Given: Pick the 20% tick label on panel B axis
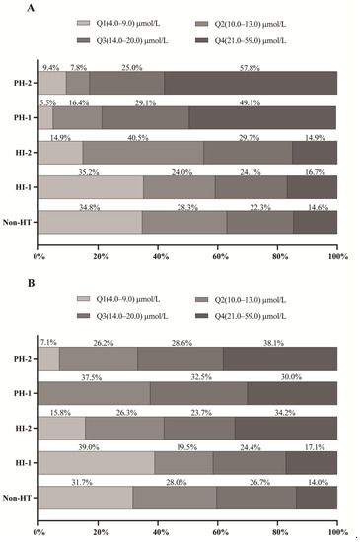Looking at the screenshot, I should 99,533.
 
